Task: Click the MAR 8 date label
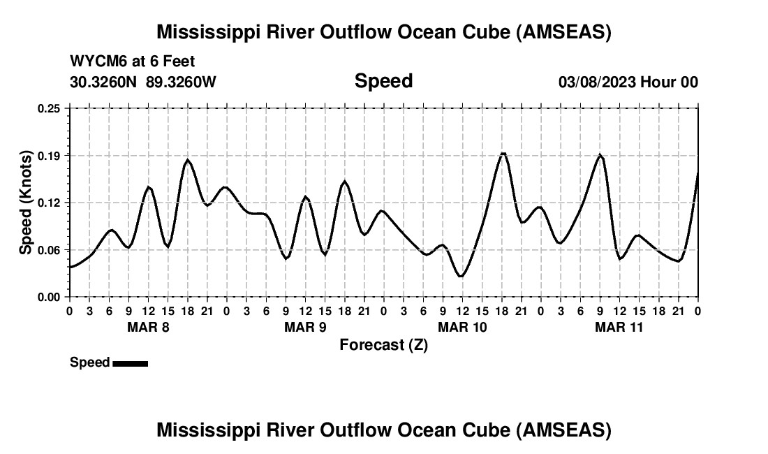(x=147, y=327)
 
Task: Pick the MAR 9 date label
(x=304, y=327)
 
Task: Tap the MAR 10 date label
(x=461, y=327)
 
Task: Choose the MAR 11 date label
(x=619, y=327)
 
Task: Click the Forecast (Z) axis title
(x=383, y=344)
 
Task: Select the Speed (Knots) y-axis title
(x=26, y=203)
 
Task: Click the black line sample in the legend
(x=131, y=363)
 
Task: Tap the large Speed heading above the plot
(x=383, y=81)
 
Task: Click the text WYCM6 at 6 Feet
(x=133, y=61)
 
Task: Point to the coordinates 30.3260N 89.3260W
(x=143, y=82)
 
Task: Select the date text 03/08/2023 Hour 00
(x=628, y=82)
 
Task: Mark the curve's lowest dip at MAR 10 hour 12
(x=461, y=276)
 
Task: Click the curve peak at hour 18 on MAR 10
(x=502, y=154)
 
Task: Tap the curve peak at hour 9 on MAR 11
(x=600, y=155)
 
